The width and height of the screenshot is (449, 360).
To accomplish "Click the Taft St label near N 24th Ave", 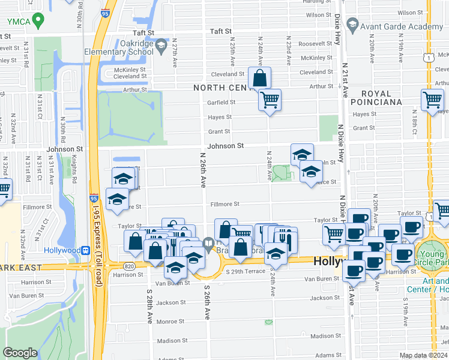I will coord(220,31).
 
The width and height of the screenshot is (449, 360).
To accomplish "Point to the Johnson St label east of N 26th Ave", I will coord(225,146).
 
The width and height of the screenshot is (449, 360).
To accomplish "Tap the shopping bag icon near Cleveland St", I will coord(259,78).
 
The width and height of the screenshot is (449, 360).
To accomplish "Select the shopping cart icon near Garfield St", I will coord(270,99).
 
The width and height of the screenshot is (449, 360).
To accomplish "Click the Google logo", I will coord(20,353).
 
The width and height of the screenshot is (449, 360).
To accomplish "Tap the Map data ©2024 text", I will coord(424,355).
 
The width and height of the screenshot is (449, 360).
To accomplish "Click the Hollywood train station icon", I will coord(86,250).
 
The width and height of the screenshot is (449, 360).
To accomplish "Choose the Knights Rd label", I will coord(74,172).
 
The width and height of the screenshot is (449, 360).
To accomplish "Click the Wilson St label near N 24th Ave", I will coord(319,15).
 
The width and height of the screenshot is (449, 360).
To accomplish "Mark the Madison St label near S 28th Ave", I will coord(172,341).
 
